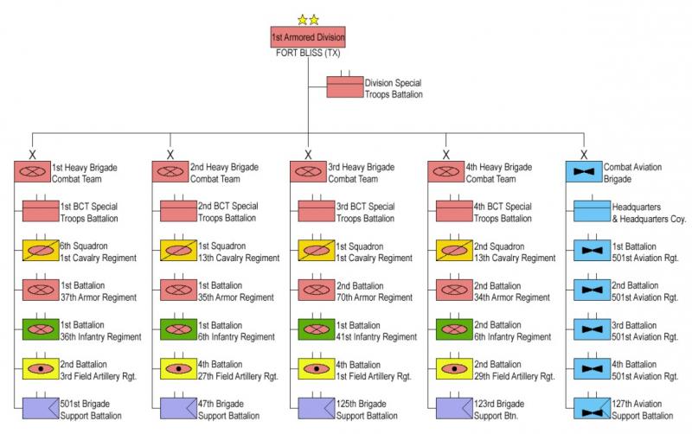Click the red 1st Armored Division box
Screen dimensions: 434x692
308,38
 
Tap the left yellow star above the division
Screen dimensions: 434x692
302,19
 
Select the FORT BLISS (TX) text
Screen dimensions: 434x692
308,53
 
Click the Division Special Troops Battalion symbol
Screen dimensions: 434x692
344,88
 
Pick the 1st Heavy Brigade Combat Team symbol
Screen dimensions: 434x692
32,172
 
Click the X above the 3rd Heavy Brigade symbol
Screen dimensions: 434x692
308,155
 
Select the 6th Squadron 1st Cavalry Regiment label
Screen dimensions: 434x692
89,252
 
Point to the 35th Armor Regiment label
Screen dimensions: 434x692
234,291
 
